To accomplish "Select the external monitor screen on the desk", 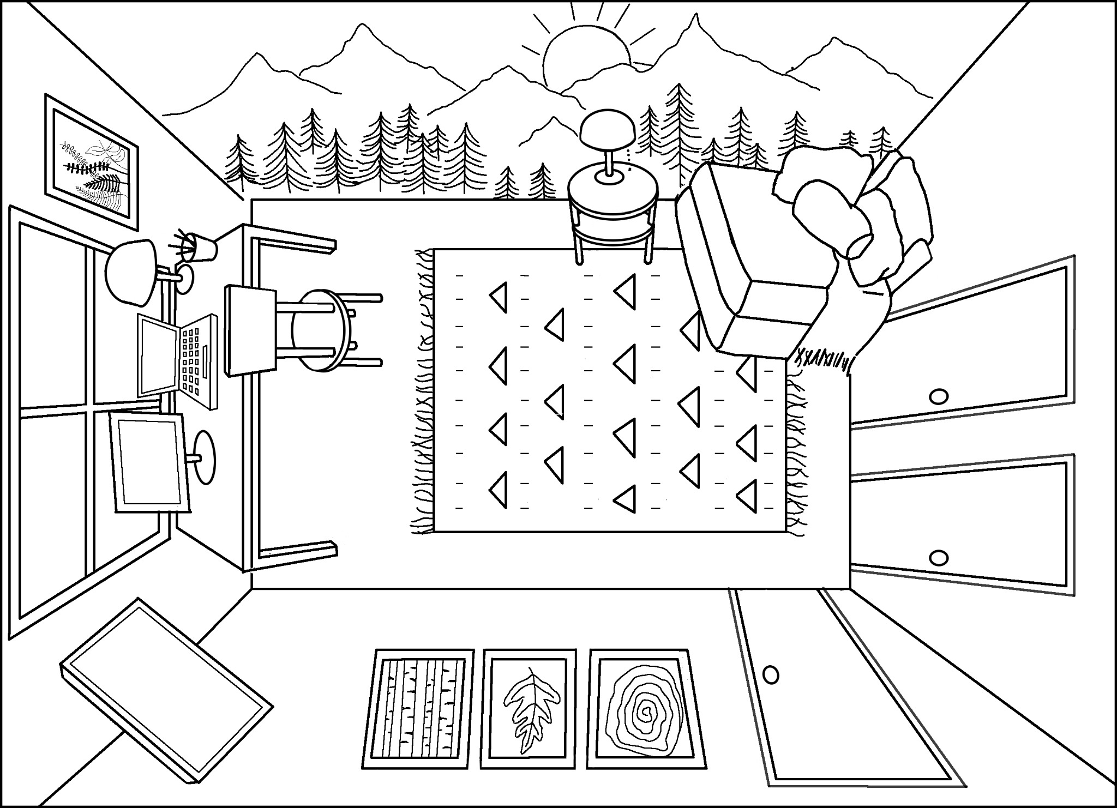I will tap(148, 461).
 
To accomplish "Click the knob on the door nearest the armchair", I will tap(939, 396).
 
